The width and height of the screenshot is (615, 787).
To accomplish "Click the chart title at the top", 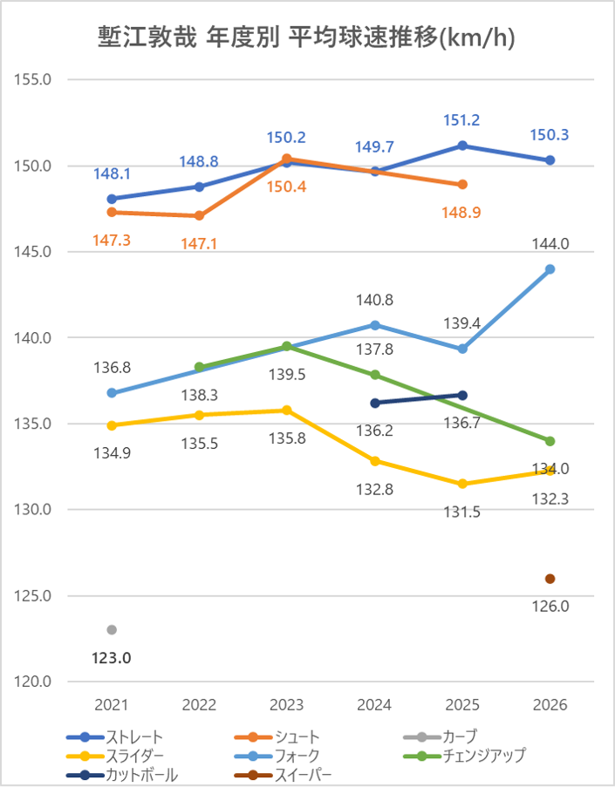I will click(307, 37).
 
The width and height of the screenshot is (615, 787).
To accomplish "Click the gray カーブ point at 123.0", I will click(112, 630).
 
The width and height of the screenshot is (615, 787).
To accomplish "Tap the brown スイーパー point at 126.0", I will click(550, 579).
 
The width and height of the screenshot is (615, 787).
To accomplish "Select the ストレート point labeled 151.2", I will click(462, 146).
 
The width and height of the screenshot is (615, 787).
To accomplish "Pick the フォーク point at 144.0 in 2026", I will click(550, 269).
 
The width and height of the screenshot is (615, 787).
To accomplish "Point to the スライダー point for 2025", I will click(462, 484).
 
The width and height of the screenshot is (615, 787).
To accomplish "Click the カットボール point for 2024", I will click(375, 403).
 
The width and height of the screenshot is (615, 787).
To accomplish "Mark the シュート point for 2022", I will click(199, 215).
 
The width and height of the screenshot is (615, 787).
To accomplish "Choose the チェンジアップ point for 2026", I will click(550, 441).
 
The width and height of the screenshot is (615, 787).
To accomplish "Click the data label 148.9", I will click(462, 212).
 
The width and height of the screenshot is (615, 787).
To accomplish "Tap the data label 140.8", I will click(375, 300).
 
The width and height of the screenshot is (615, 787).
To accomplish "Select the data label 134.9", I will click(112, 453).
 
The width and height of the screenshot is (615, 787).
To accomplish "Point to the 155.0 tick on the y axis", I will click(35, 79).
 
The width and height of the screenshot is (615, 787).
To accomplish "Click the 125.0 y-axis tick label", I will click(35, 596).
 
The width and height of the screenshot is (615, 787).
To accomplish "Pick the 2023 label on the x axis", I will click(287, 704).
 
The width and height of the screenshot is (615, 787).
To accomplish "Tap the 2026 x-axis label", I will click(550, 704).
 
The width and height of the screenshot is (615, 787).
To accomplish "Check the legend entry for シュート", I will click(297, 737).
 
